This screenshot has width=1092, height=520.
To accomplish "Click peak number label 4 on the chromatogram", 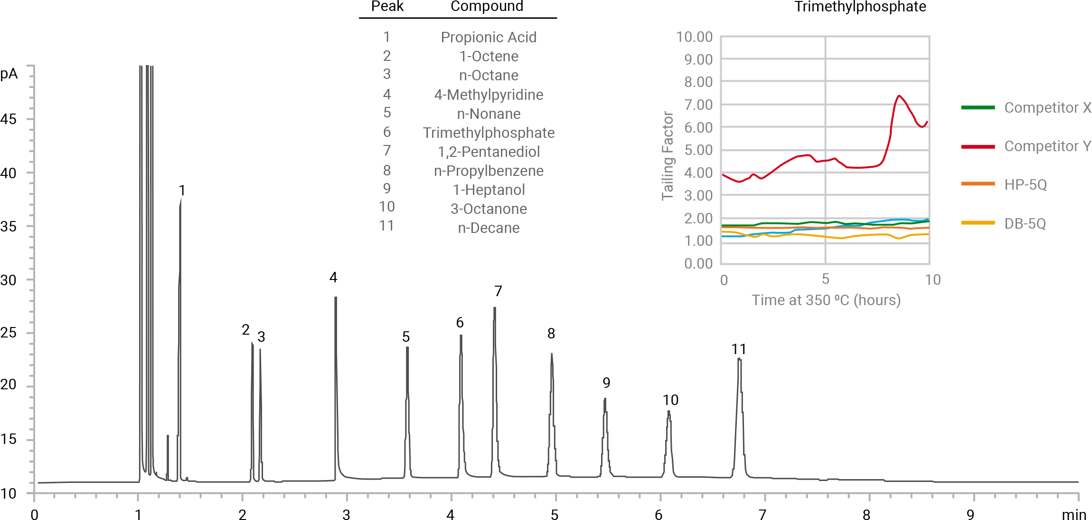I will pyautogui.click(x=333, y=278).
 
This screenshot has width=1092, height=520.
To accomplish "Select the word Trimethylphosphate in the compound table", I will pyautogui.click(x=489, y=133).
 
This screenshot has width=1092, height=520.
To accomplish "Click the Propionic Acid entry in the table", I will pyautogui.click(x=489, y=37).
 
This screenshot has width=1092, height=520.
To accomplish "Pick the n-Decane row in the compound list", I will pyautogui.click(x=489, y=228).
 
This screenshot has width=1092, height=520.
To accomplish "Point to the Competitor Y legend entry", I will pyautogui.click(x=1047, y=146).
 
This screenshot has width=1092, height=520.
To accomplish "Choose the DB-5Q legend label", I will pyautogui.click(x=1025, y=223).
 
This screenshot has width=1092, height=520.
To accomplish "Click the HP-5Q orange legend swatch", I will pyautogui.click(x=978, y=183).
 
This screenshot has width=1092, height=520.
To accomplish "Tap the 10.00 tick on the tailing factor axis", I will pyautogui.click(x=694, y=37).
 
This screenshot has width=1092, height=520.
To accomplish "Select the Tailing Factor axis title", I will pyautogui.click(x=668, y=156).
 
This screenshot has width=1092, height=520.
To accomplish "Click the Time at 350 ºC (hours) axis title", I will pyautogui.click(x=826, y=300).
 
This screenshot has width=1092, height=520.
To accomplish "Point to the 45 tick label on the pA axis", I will pyautogui.click(x=9, y=119).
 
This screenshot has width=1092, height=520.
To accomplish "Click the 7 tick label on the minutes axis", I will pyautogui.click(x=762, y=515).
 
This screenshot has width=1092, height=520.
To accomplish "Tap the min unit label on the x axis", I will pyautogui.click(x=1073, y=515).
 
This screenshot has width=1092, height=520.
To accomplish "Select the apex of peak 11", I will pyautogui.click(x=739, y=359).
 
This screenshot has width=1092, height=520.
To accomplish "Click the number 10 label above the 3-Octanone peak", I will pyautogui.click(x=670, y=400).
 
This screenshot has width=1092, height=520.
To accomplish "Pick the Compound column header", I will pyautogui.click(x=487, y=7).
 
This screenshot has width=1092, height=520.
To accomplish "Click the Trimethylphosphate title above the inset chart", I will pyautogui.click(x=860, y=7).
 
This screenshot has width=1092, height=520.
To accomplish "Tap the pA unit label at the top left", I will pyautogui.click(x=9, y=74).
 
